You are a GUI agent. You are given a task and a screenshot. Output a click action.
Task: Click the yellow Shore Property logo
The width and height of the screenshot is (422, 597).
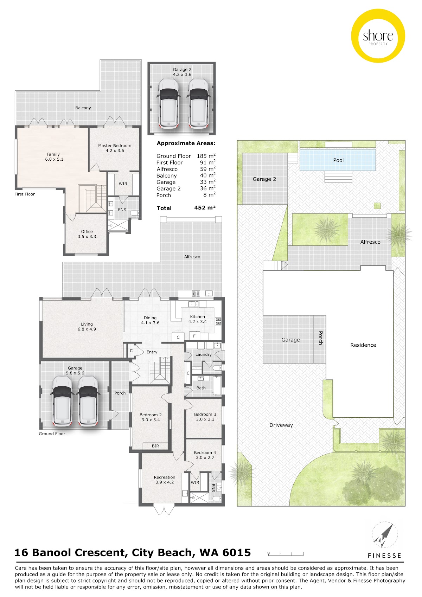378,36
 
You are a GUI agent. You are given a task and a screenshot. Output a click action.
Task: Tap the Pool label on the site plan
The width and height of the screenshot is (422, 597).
338,160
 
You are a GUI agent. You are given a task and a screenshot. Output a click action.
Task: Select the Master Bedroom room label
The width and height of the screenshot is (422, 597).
115,148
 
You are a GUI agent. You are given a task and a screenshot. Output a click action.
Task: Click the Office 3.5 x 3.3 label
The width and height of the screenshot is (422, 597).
87,234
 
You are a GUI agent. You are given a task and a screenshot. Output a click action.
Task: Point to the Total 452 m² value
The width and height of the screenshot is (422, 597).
205,208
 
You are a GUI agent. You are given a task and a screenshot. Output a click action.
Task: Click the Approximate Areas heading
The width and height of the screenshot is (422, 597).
186,143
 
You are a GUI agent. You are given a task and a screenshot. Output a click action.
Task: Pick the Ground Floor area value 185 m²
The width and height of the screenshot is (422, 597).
206,156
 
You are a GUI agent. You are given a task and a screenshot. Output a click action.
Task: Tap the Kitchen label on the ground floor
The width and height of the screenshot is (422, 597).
198,319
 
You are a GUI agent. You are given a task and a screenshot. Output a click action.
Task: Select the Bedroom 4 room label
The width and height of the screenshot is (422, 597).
205,455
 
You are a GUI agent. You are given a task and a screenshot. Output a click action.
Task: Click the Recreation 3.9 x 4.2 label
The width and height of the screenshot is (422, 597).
165,480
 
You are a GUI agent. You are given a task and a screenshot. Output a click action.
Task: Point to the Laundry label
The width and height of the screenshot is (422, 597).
203,354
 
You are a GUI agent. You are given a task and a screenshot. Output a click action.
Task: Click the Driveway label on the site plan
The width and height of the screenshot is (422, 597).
281,425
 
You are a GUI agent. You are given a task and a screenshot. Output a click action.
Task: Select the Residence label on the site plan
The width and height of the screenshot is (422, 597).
363,345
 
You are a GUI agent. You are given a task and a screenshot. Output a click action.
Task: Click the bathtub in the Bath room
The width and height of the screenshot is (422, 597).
217,386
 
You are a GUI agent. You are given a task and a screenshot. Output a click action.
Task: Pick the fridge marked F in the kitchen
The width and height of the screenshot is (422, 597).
194,336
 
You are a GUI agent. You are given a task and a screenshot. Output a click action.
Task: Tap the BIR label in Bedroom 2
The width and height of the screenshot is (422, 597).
155,446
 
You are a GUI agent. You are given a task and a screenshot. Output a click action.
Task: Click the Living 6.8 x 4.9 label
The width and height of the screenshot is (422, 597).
87,327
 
